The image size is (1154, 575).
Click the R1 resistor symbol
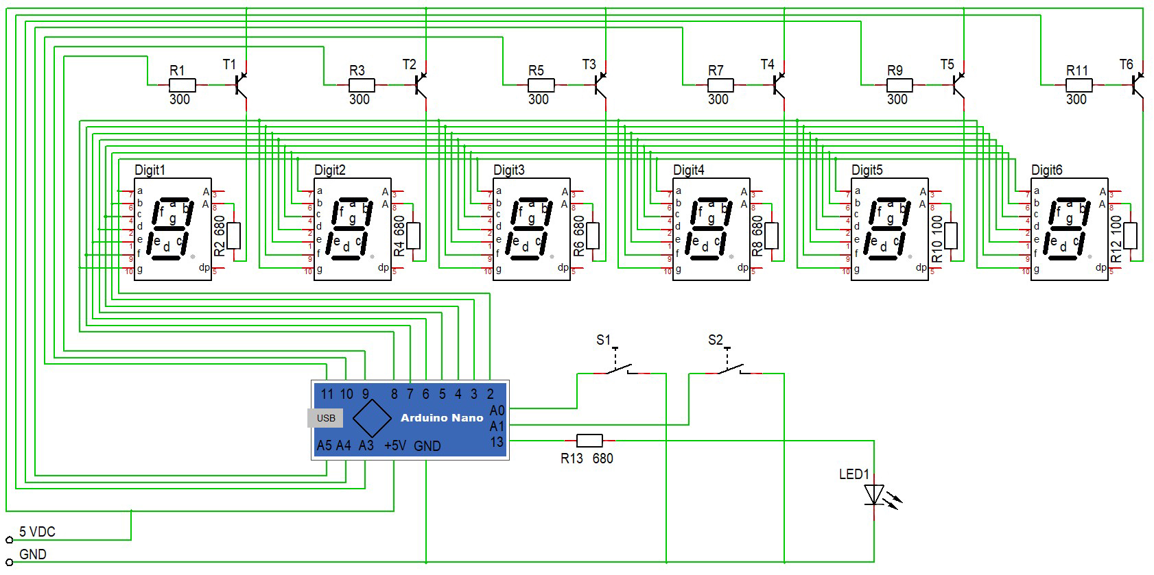click(182, 85)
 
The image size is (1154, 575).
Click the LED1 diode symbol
click(874, 494)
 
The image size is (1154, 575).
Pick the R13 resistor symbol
click(589, 441)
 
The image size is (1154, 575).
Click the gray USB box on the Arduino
click(325, 418)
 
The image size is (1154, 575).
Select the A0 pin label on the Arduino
click(497, 411)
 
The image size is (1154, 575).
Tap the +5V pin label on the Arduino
click(395, 446)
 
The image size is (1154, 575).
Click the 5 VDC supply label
click(37, 532)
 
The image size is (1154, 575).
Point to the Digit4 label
click(688, 170)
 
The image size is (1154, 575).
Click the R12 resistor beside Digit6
click(1130, 236)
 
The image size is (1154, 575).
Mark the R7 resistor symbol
click(720, 85)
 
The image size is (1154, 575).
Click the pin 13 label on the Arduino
click(497, 442)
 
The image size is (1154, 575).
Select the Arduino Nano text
click(442, 417)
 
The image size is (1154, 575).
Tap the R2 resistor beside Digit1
click(233, 236)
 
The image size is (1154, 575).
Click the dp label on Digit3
click(563, 267)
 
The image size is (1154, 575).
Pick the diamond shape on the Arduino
click(372, 417)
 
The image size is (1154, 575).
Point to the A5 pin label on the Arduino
click(324, 446)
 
